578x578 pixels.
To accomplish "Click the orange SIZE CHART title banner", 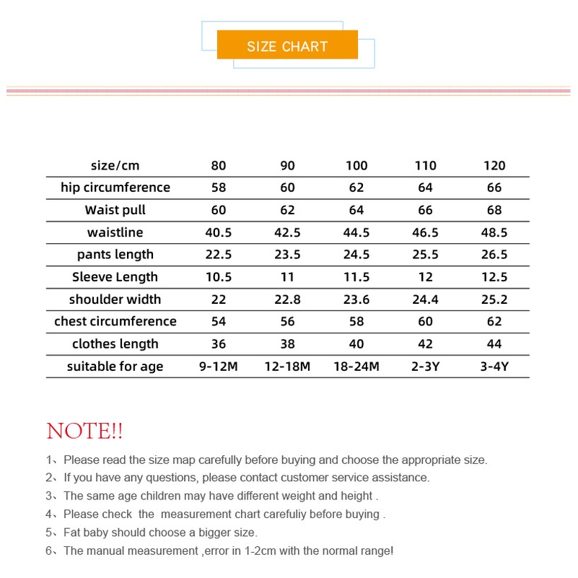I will [287, 46].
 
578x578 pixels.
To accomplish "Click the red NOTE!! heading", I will [84, 432].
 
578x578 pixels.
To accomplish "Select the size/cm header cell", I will [115, 165].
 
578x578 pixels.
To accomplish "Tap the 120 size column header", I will [494, 165].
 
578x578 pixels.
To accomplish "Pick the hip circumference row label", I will [115, 188].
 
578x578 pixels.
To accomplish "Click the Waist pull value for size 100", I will [356, 210].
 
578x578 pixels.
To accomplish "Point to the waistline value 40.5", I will [219, 232].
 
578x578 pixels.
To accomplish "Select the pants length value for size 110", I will [426, 255].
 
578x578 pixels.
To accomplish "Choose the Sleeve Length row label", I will [115, 277].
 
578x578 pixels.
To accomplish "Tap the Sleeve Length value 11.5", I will [356, 277].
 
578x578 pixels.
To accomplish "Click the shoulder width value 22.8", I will [287, 299].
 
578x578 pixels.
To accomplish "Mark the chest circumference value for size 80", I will [219, 321].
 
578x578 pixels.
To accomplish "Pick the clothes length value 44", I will [494, 343].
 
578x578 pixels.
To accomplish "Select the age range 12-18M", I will [287, 366].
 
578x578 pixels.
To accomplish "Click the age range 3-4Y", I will [494, 366].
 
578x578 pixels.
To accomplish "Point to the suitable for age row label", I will [115, 366].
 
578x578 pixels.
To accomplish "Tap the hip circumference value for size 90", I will [287, 188].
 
